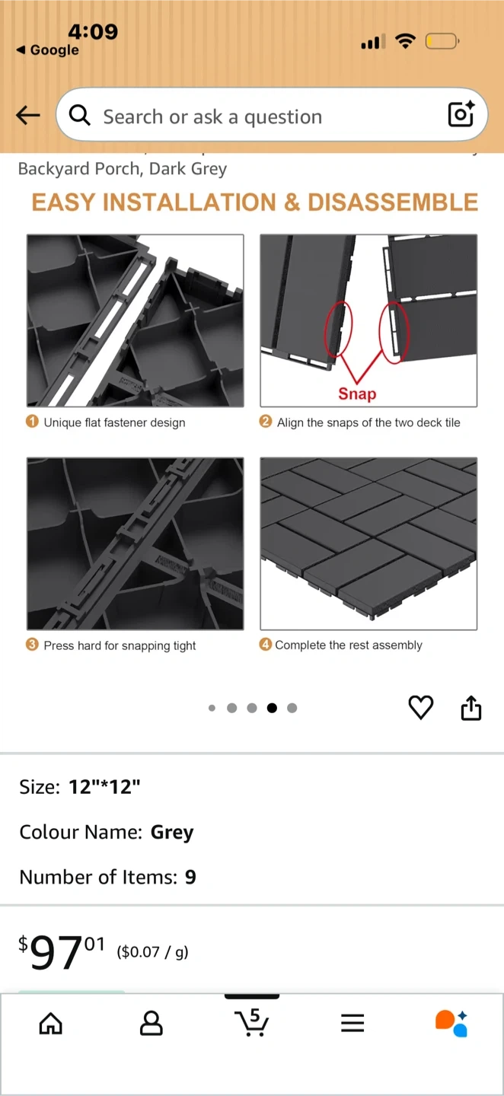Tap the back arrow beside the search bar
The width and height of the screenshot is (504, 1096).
click(x=28, y=116)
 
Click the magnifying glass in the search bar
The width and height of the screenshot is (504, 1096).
click(x=79, y=116)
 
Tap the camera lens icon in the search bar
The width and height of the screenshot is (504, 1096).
click(x=461, y=114)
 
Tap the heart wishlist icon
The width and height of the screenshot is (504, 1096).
click(x=421, y=707)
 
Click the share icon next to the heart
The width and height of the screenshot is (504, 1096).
click(x=471, y=708)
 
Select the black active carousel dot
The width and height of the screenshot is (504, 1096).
click(x=272, y=708)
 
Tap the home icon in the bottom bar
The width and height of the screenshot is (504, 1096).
click(x=51, y=1023)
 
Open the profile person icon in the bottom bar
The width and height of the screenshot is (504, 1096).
click(x=152, y=1023)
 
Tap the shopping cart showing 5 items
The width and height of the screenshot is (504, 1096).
click(x=251, y=1022)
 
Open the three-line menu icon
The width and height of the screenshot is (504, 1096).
click(x=352, y=1023)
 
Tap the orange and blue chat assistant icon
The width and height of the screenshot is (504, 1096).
click(x=451, y=1023)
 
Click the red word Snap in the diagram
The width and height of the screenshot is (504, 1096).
click(x=357, y=393)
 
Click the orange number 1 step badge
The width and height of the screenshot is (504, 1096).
click(x=32, y=422)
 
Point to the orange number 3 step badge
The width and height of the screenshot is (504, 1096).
click(x=32, y=645)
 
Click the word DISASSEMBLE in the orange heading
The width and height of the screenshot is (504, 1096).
click(x=393, y=202)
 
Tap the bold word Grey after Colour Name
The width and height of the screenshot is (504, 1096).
click(x=172, y=833)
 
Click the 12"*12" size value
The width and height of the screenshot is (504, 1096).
click(x=104, y=787)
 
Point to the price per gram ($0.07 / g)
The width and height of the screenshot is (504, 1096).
click(x=153, y=951)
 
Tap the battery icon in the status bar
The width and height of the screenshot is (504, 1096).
click(x=442, y=42)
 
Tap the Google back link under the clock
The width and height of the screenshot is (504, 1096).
click(x=47, y=50)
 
